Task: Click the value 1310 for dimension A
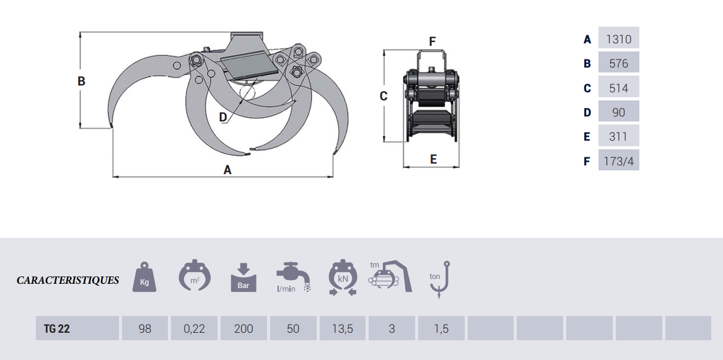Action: [618, 39]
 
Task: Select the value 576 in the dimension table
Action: [618, 63]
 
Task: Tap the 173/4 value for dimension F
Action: [618, 161]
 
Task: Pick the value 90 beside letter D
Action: [618, 112]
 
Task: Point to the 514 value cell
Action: [618, 87]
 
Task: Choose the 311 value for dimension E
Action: [618, 136]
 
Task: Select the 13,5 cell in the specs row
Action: [343, 328]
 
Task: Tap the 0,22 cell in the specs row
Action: [194, 328]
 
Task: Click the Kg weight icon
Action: [144, 277]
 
